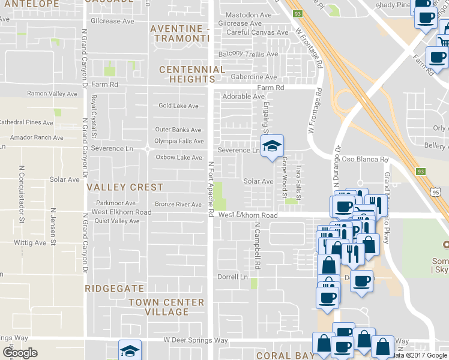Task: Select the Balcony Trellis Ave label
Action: click(x=248, y=54)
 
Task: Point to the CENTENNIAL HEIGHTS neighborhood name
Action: click(x=192, y=75)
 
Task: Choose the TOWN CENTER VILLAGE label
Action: click(x=166, y=307)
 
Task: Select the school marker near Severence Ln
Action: click(x=272, y=146)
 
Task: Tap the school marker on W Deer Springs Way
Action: click(x=130, y=350)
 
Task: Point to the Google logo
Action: click(x=20, y=353)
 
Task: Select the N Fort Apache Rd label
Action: click(x=211, y=188)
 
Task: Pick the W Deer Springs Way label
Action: click(x=196, y=340)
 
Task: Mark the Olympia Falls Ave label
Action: click(x=179, y=141)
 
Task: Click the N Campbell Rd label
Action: click(x=257, y=246)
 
